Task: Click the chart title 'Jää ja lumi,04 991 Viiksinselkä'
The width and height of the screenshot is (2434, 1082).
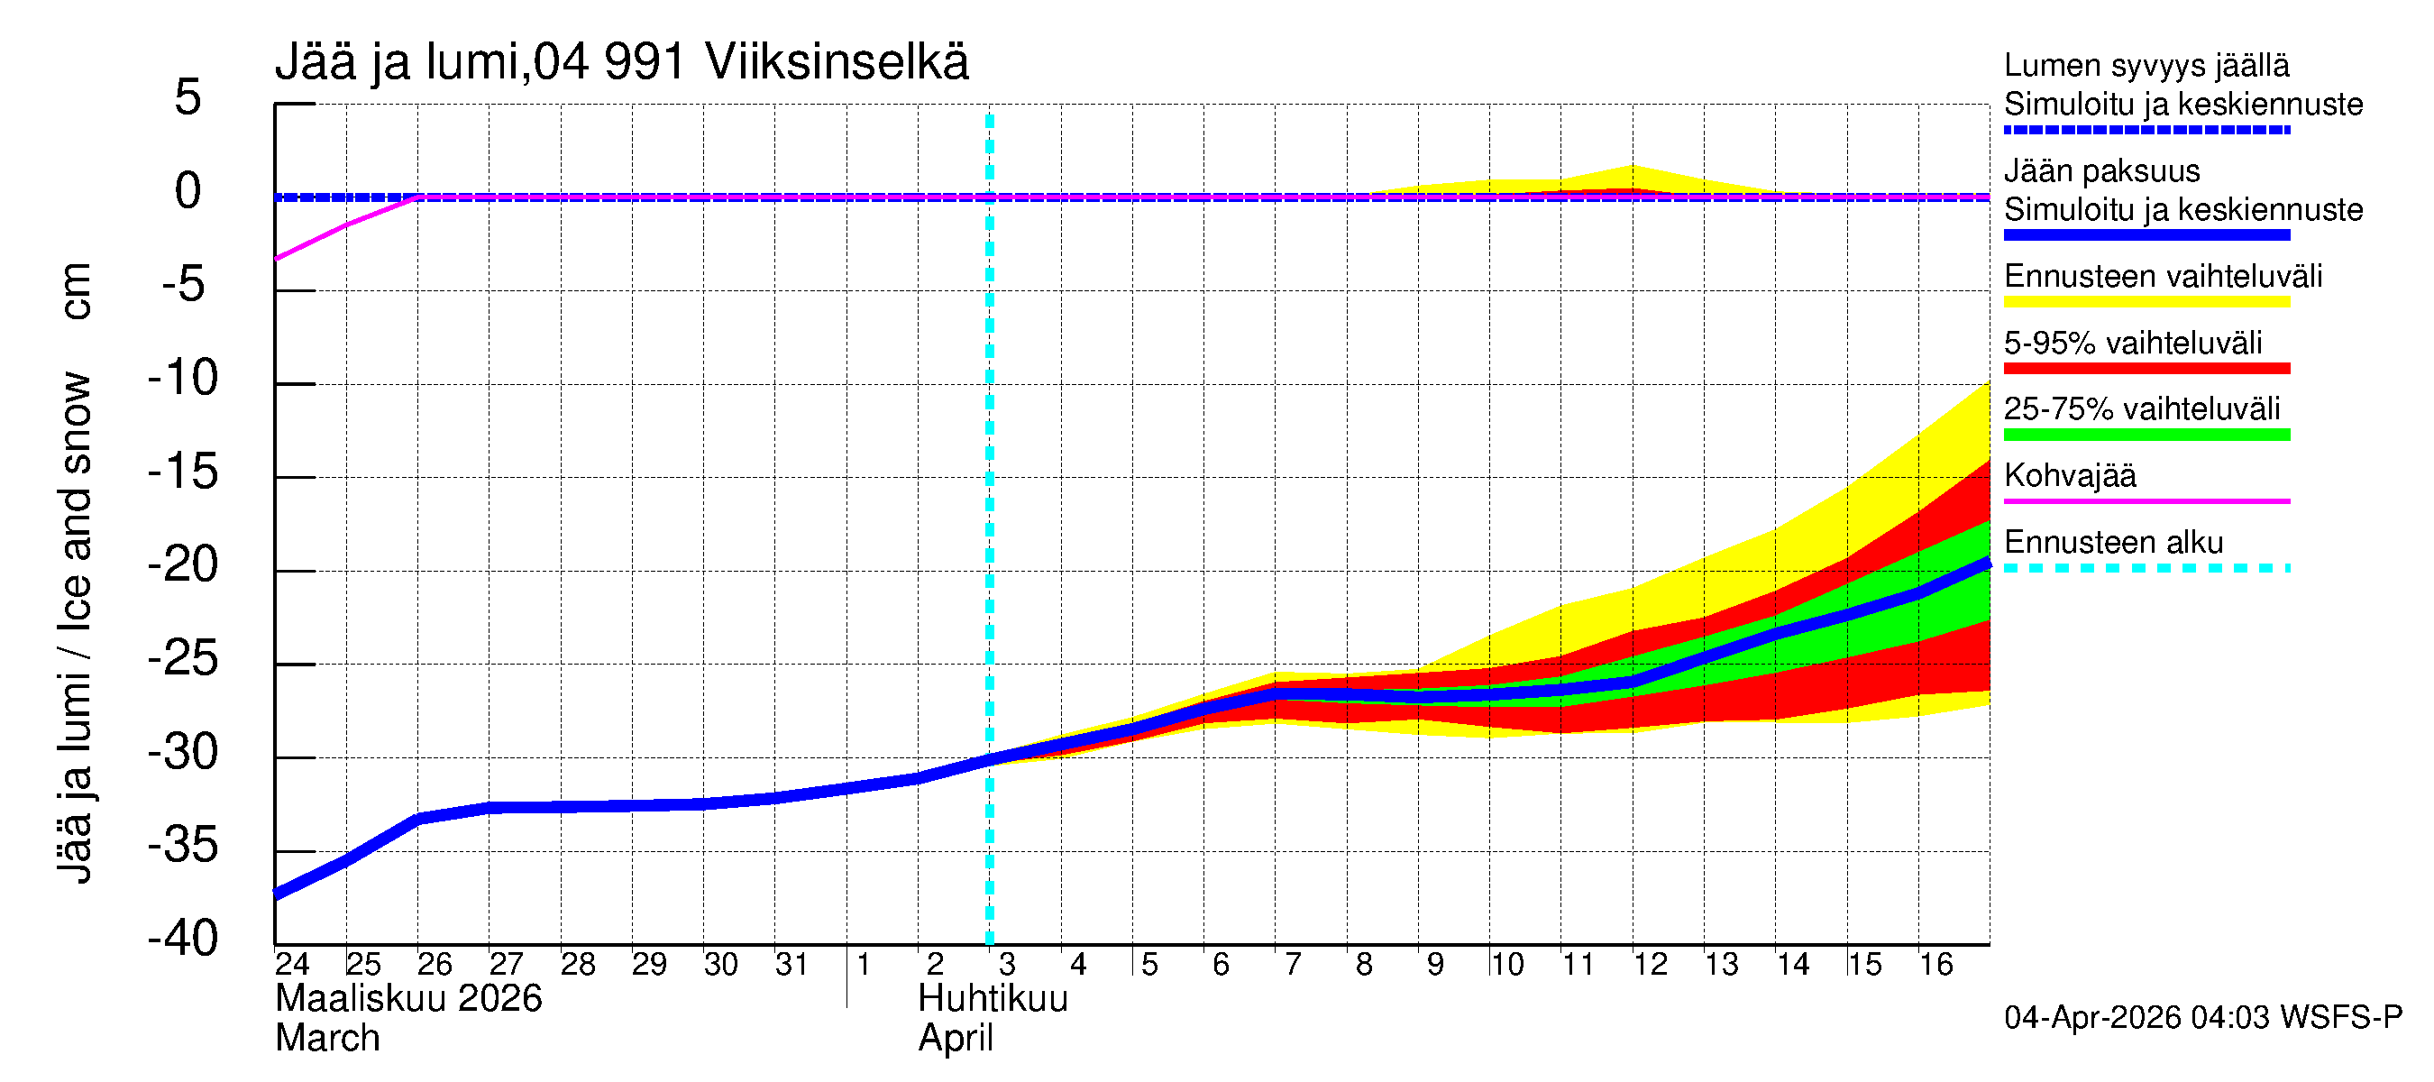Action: (621, 62)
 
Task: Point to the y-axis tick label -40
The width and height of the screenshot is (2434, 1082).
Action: (183, 939)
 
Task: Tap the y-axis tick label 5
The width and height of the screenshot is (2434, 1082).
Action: (188, 97)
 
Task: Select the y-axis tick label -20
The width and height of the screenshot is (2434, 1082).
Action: (183, 565)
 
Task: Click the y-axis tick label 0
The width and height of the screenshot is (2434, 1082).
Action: (188, 191)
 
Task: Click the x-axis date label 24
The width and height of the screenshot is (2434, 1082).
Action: (292, 964)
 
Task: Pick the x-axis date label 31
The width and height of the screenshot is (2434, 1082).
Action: (792, 964)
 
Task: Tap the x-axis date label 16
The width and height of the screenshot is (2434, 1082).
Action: (1936, 964)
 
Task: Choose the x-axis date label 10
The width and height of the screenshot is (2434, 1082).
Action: (1507, 964)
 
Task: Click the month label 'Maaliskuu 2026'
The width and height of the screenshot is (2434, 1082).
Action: (408, 999)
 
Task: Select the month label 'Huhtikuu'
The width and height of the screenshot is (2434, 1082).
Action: (993, 999)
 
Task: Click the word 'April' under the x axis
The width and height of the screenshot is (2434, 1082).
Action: (956, 1039)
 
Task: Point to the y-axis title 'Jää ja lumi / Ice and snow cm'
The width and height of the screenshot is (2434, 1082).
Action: (74, 572)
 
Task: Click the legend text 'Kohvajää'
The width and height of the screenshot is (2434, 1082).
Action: (2069, 475)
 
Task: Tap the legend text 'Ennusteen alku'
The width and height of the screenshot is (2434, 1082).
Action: (2114, 543)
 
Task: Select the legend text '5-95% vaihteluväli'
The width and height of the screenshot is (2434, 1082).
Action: (2133, 343)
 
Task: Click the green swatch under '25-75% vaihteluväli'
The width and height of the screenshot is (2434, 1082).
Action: (2146, 435)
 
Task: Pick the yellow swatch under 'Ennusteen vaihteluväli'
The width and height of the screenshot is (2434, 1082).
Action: (2146, 302)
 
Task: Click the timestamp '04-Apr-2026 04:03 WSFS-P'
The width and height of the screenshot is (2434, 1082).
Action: (2202, 1018)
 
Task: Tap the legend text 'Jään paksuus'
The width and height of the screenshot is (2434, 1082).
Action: (2101, 171)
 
